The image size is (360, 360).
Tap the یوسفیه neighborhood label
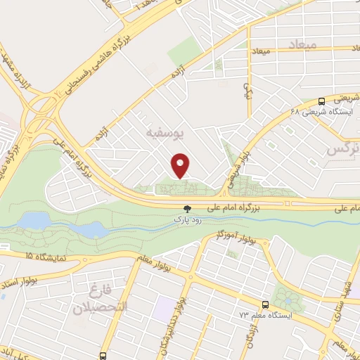click(164, 132)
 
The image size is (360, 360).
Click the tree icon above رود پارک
click(187, 208)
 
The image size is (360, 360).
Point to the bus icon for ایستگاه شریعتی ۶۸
click(321, 101)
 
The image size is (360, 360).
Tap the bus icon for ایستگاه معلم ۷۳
click(265, 304)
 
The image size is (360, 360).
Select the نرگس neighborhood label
click(344, 150)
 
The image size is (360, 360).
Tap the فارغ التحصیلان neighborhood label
click(99, 299)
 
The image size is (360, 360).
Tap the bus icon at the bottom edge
click(103, 356)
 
